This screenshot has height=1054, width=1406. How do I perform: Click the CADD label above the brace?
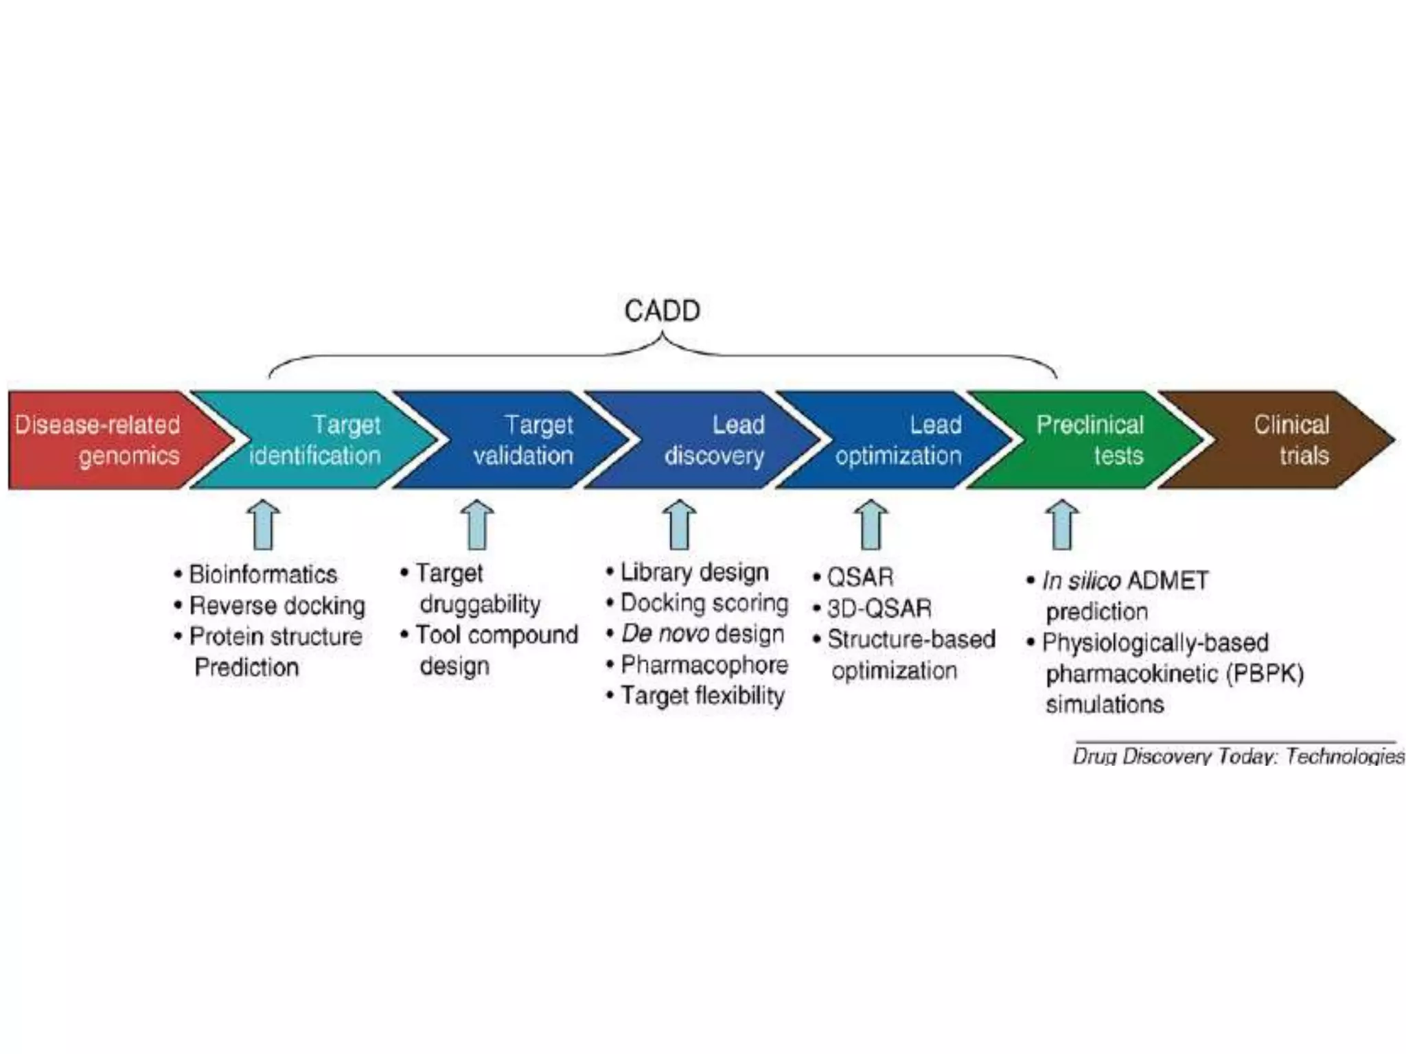[x=662, y=311]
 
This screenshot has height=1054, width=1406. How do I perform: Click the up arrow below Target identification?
[x=264, y=525]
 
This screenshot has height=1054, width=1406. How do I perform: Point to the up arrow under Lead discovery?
[x=679, y=525]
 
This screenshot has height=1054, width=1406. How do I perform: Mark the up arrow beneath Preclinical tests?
[x=1061, y=525]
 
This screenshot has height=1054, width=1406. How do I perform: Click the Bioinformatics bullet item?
[x=263, y=574]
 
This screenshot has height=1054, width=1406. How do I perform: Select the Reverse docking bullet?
[x=277, y=605]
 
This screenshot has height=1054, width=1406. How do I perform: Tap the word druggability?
[x=480, y=604]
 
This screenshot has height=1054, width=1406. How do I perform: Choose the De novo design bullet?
[x=702, y=633]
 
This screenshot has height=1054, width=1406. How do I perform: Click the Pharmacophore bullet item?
[x=704, y=664]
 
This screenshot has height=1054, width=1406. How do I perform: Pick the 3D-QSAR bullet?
[x=879, y=608]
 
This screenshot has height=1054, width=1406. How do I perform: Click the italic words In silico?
[x=1081, y=581]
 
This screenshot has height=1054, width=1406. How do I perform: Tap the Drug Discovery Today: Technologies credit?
[x=1238, y=756]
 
